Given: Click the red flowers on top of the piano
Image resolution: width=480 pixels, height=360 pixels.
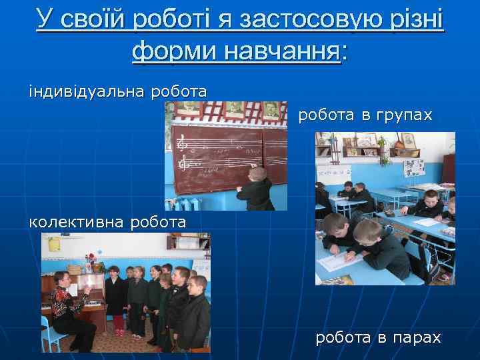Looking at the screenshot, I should point(91,258).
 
